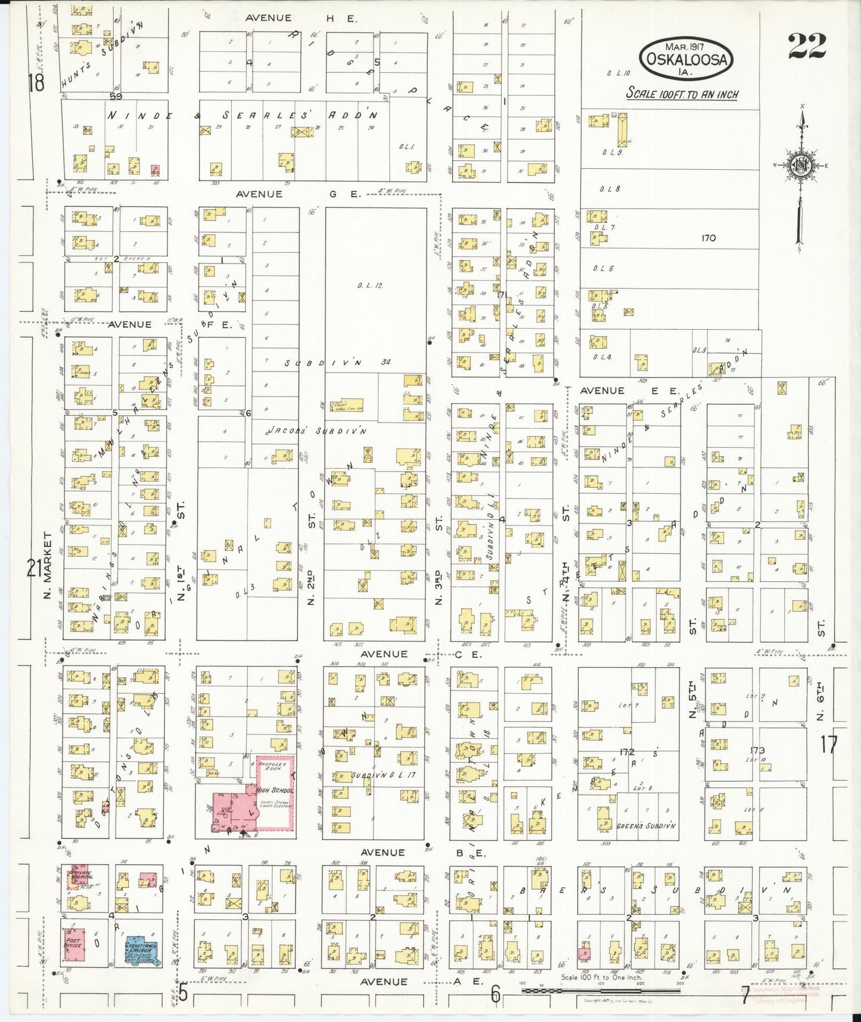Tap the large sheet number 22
[807, 47]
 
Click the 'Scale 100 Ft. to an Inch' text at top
[682, 94]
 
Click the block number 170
[708, 238]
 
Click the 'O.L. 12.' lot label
[370, 286]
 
